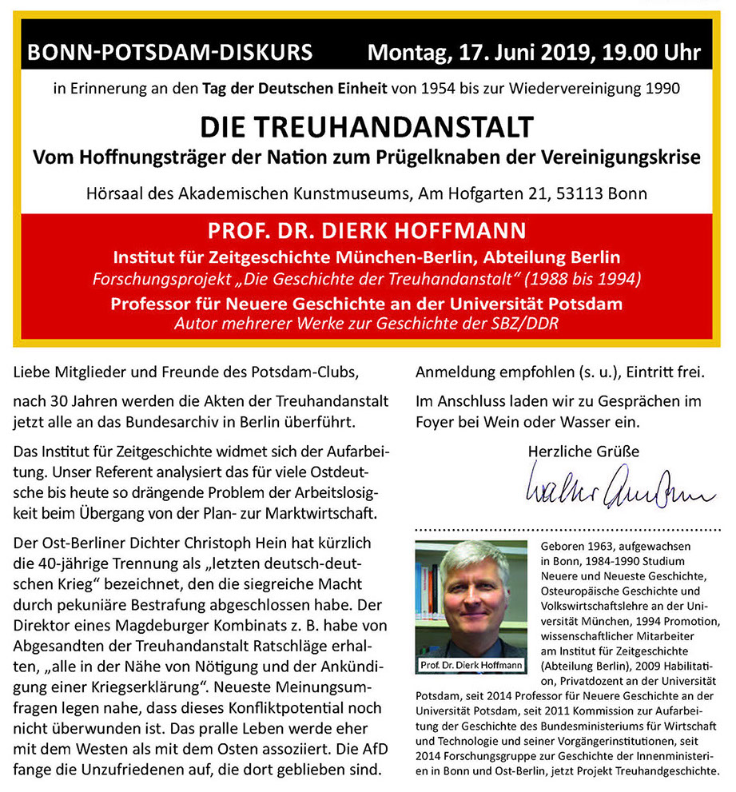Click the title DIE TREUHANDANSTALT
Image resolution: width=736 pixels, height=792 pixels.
coord(366,126)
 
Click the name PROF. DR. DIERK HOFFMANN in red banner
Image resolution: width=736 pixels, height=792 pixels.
coord(367,232)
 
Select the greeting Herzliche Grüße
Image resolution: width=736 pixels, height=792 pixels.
coord(583,452)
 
